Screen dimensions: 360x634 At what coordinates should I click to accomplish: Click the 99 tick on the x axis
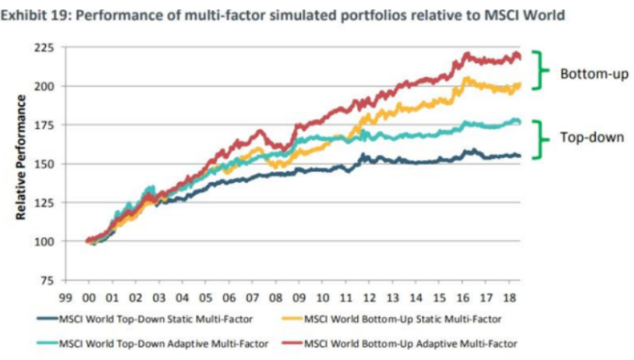[66, 297]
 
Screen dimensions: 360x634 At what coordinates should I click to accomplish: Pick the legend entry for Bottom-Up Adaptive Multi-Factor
[406, 343]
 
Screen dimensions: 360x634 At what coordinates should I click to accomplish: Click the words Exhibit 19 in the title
[40, 15]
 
